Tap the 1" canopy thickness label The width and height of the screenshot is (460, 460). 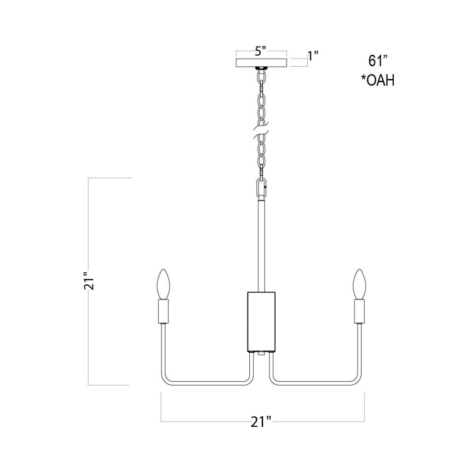tap(313, 56)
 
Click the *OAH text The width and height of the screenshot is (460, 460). tap(378, 80)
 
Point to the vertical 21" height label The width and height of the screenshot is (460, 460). tap(89, 281)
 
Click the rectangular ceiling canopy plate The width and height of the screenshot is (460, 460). tap(261, 63)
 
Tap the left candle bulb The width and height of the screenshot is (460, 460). tap(164, 284)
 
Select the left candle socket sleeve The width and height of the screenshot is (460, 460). tap(164, 311)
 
